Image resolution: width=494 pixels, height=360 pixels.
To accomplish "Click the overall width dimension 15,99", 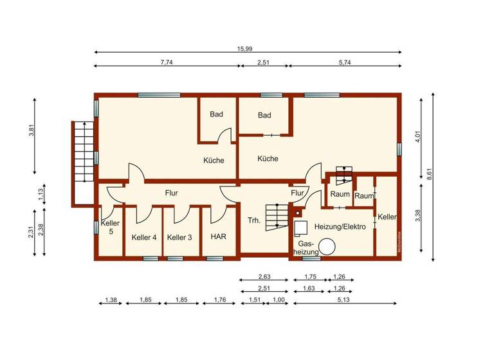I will tap(248, 47).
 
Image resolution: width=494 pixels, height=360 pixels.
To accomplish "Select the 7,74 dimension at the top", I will tap(166, 61).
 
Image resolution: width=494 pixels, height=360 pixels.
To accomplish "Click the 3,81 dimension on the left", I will tap(30, 130).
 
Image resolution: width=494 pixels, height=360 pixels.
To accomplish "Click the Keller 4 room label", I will tap(144, 237).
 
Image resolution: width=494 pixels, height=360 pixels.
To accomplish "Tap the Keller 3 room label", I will tap(179, 237).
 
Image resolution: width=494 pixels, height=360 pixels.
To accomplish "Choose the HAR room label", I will tap(218, 237).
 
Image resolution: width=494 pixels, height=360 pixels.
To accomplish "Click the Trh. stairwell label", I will tap(254, 221).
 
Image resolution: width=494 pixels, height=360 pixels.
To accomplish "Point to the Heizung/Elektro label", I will tap(340, 227).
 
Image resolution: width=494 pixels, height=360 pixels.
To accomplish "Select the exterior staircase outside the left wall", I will tap(82, 154).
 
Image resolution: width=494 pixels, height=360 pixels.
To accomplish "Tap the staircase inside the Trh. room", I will tap(278, 216).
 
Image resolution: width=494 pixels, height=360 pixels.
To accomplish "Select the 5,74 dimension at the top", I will tap(345, 61).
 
